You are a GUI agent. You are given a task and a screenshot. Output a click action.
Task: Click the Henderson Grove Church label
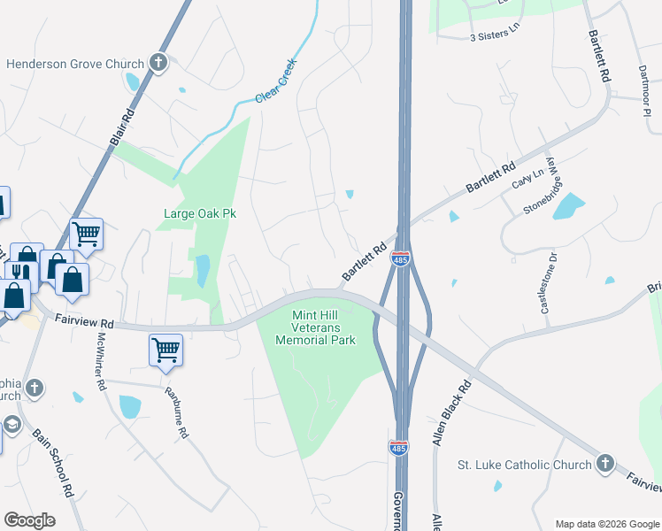click(x=74, y=64)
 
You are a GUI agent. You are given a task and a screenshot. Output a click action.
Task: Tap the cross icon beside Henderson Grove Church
click(x=158, y=63)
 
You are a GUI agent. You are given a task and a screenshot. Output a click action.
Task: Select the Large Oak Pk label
click(x=199, y=213)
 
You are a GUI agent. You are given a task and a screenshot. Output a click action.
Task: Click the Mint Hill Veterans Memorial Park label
click(x=315, y=327)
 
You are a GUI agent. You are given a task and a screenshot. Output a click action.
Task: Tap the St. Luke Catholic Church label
click(x=524, y=465)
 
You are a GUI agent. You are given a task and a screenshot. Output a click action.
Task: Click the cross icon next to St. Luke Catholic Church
click(x=605, y=464)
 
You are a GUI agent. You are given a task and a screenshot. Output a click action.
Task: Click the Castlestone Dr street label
click(x=547, y=283)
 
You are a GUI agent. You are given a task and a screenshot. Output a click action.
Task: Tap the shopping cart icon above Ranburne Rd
click(x=166, y=350)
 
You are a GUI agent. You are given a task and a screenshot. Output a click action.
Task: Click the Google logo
click(x=30, y=520)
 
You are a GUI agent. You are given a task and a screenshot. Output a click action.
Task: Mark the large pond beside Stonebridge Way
click(x=568, y=205)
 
